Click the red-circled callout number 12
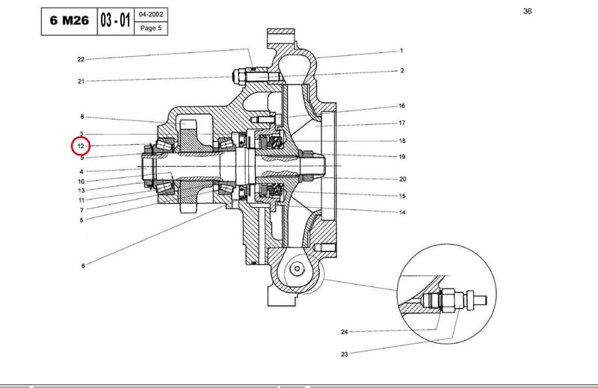[x=81, y=146]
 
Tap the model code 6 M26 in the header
[x=70, y=20]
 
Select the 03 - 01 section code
[x=116, y=20]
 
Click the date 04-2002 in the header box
[x=151, y=14]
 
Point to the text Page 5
[x=151, y=28]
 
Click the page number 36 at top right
[x=528, y=11]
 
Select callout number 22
[x=81, y=60]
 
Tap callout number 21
[x=81, y=81]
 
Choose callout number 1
[x=401, y=50]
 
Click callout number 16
[x=401, y=105]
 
